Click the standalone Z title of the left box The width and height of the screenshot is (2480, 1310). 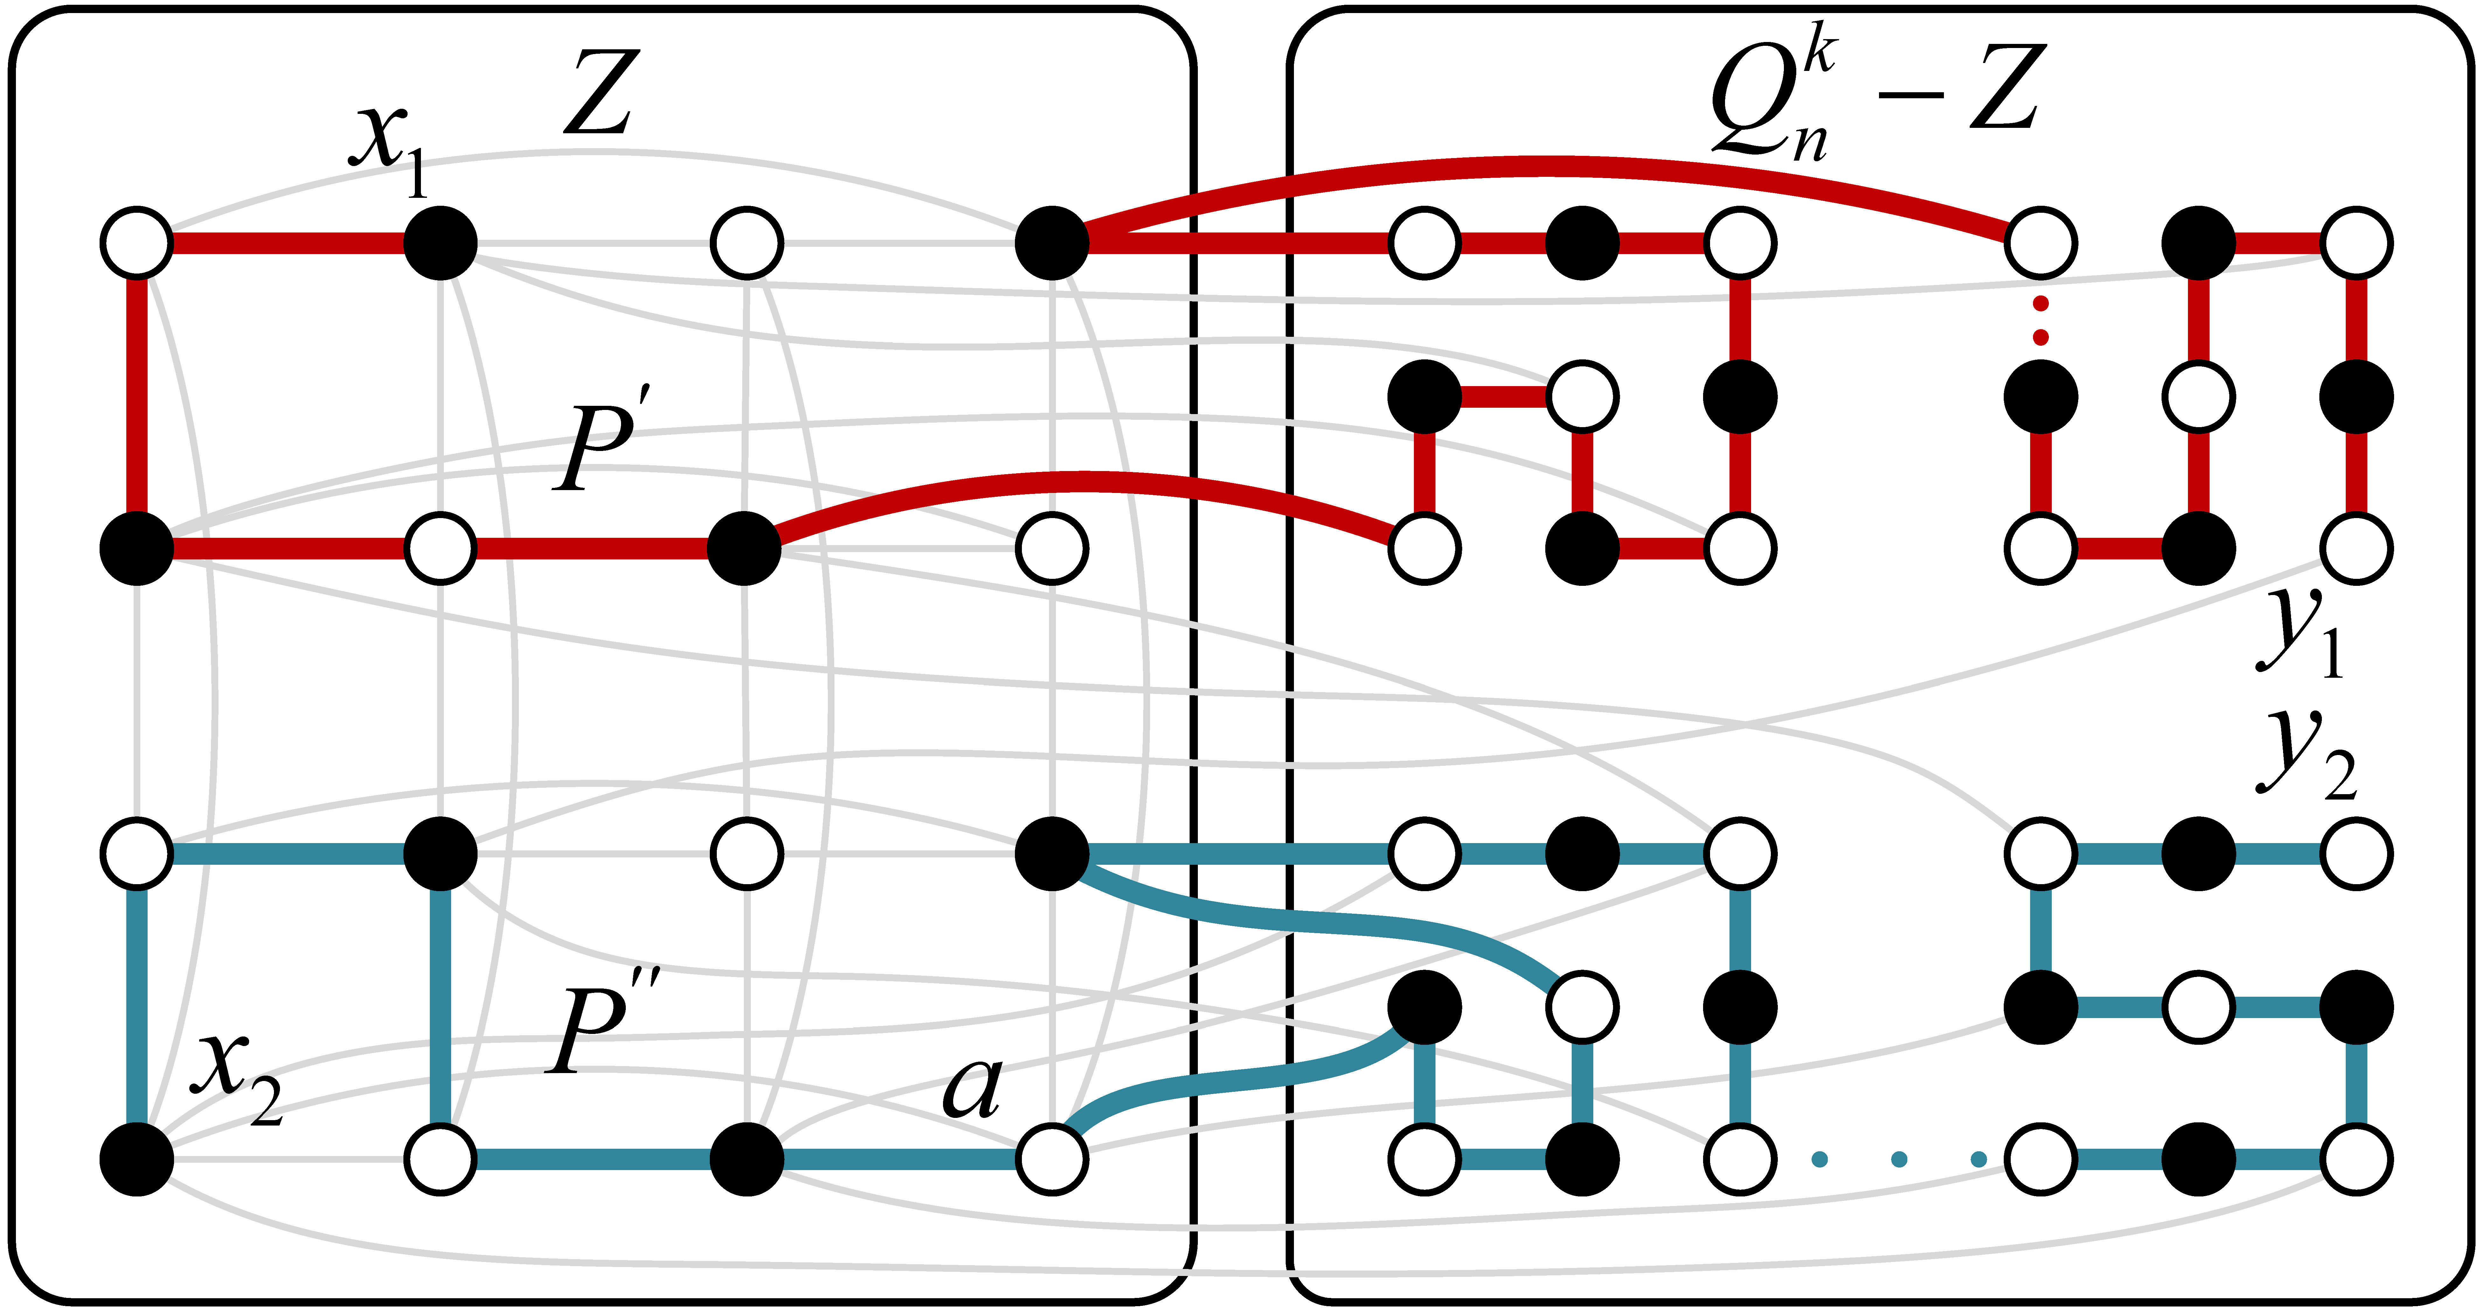pyautogui.click(x=601, y=94)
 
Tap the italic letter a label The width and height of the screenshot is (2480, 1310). pyautogui.click(x=972, y=1088)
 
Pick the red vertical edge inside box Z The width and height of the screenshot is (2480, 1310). pyautogui.click(x=137, y=395)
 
